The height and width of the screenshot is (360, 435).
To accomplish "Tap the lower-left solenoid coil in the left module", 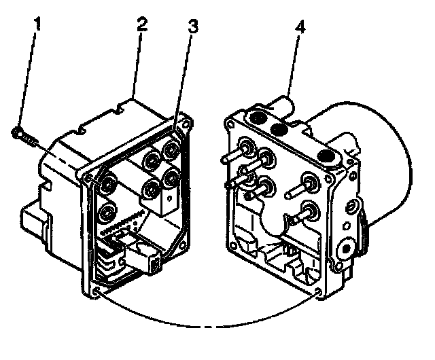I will pos(106,217).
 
